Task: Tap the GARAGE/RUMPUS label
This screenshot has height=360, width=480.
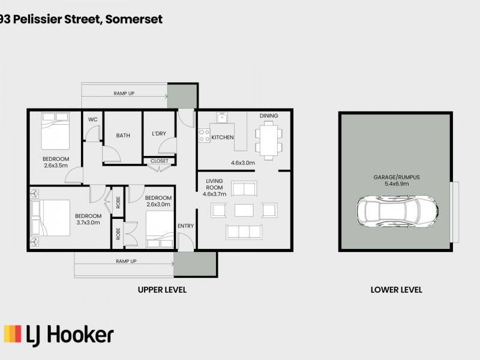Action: click(392, 178)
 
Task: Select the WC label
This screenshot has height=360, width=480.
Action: click(93, 119)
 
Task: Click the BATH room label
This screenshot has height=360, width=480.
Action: click(123, 136)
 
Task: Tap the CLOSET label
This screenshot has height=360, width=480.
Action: click(160, 161)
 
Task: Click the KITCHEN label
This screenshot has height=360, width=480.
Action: click(222, 137)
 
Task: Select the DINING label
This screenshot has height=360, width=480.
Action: click(269, 116)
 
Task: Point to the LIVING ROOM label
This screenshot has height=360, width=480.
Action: click(214, 184)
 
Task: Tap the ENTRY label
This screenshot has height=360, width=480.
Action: click(185, 226)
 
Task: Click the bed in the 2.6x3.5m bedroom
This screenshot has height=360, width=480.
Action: click(55, 132)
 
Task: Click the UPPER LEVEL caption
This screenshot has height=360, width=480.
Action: click(162, 290)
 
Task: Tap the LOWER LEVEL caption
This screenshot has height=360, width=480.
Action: click(397, 290)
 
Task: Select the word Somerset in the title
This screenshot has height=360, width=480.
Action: click(134, 19)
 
